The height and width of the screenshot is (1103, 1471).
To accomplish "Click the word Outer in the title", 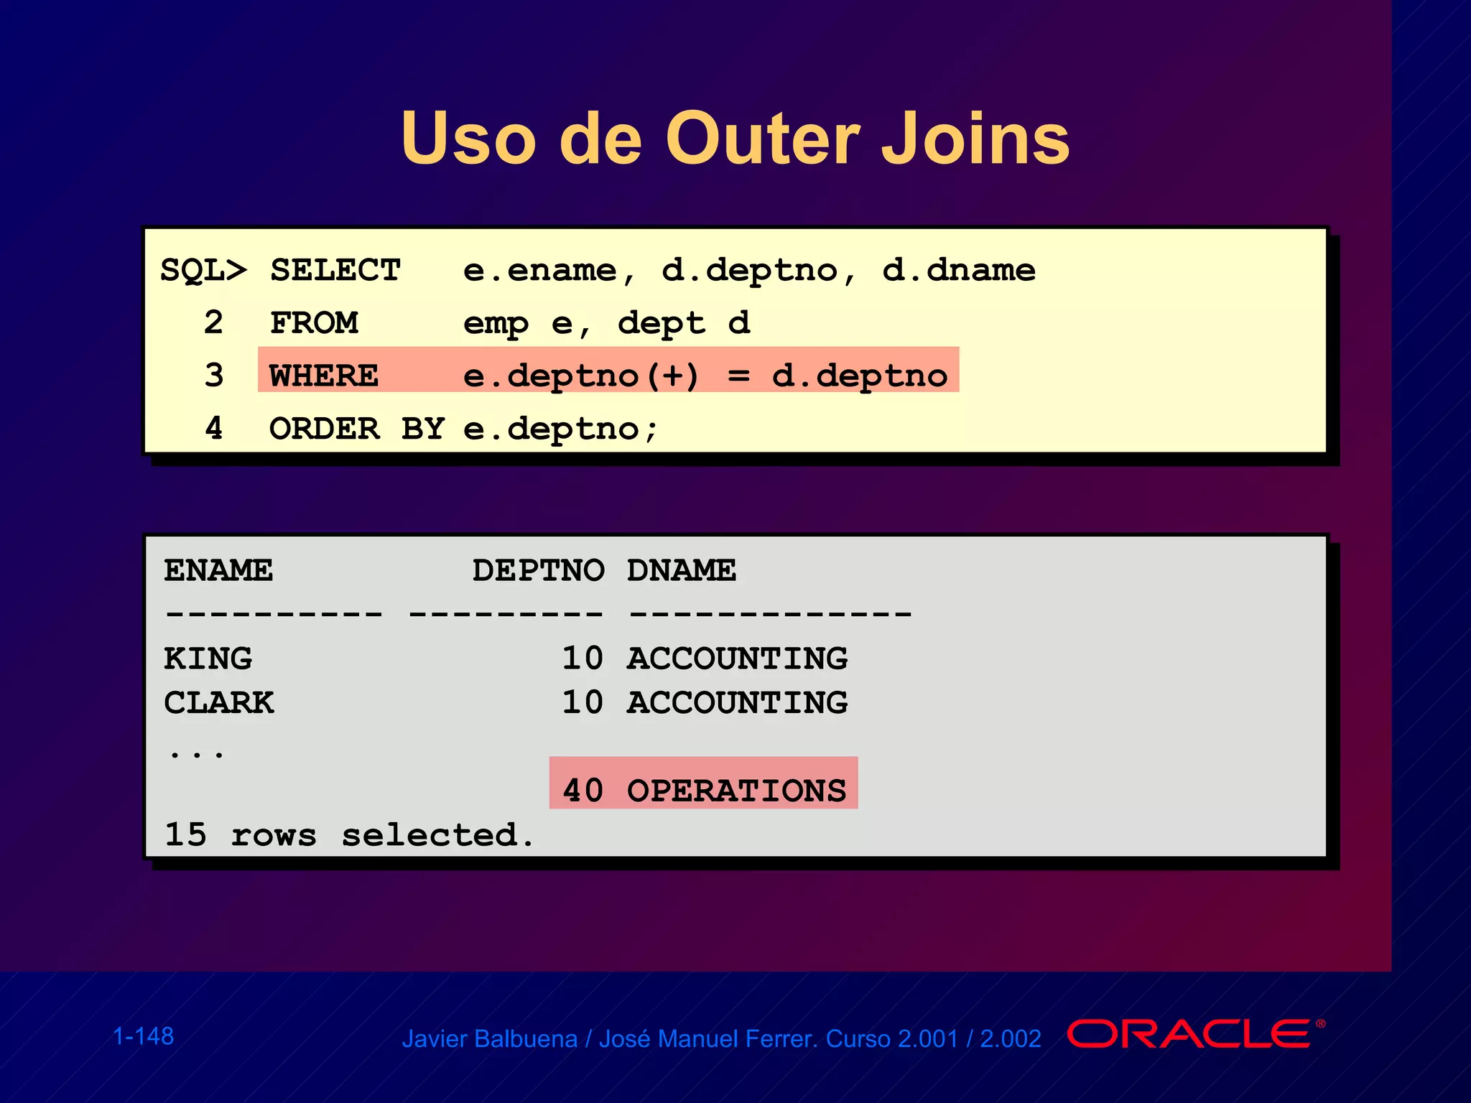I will (762, 139).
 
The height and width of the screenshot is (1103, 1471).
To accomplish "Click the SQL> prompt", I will (203, 271).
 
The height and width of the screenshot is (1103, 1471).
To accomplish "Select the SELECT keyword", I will (335, 271).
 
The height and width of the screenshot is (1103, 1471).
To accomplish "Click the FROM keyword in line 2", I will (314, 323).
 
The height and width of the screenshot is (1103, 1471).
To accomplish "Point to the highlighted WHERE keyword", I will (324, 376).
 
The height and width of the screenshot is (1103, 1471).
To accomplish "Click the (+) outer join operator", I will (672, 376).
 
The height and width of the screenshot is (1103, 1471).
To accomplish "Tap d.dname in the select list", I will (958, 271).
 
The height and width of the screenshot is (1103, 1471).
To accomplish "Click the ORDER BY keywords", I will (357, 429).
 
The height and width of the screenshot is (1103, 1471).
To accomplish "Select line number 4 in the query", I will (213, 429).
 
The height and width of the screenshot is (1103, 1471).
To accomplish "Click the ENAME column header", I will (218, 571).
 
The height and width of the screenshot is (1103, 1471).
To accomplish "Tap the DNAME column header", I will (681, 571).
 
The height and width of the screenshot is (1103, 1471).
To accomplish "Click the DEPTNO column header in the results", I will (538, 571).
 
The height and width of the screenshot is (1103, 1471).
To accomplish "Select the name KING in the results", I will (208, 658).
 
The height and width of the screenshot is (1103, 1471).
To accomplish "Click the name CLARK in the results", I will (219, 702).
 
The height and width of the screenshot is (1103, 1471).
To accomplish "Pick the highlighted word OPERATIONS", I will (737, 791).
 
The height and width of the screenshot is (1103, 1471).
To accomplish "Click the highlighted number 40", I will (583, 791).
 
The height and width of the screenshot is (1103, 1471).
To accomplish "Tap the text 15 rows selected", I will (349, 835).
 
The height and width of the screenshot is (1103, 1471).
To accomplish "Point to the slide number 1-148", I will (144, 1036).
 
